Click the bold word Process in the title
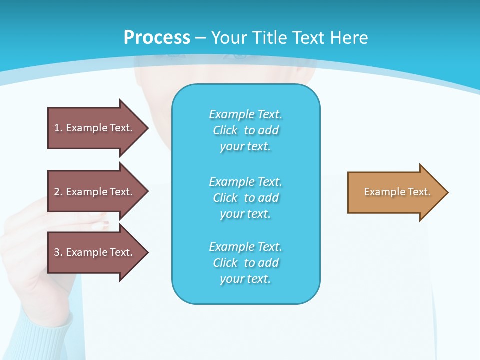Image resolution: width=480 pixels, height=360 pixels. coord(157,38)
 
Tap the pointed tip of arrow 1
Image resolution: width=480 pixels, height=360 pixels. coord(147,128)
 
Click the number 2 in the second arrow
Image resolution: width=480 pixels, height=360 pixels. coord(57,192)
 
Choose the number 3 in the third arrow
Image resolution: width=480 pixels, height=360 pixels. coord(57,252)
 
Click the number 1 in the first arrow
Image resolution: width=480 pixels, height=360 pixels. coord(57,128)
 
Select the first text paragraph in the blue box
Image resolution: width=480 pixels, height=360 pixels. coord(245,130)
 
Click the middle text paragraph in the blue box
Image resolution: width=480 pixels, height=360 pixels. coord(245,198)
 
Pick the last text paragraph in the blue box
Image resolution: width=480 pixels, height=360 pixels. coord(245,263)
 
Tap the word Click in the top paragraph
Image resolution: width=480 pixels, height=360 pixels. coord(225,130)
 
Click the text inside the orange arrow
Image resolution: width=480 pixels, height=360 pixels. coord(397,192)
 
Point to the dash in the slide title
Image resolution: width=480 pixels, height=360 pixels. coord(200,38)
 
